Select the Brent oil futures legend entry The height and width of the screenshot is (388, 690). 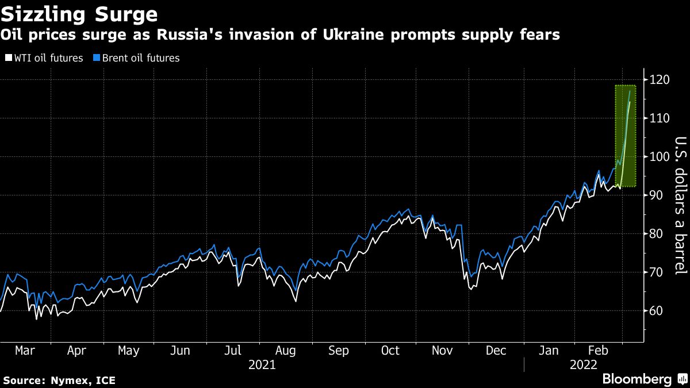pos(137,58)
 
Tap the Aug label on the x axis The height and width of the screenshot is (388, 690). pos(285,351)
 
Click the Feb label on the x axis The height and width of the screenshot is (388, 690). pos(599,351)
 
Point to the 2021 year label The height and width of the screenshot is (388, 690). pos(262,365)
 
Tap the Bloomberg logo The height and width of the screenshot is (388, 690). pos(637,379)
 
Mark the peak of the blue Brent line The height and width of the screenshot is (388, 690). pos(630,91)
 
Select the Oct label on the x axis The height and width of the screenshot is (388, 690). pos(390,351)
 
